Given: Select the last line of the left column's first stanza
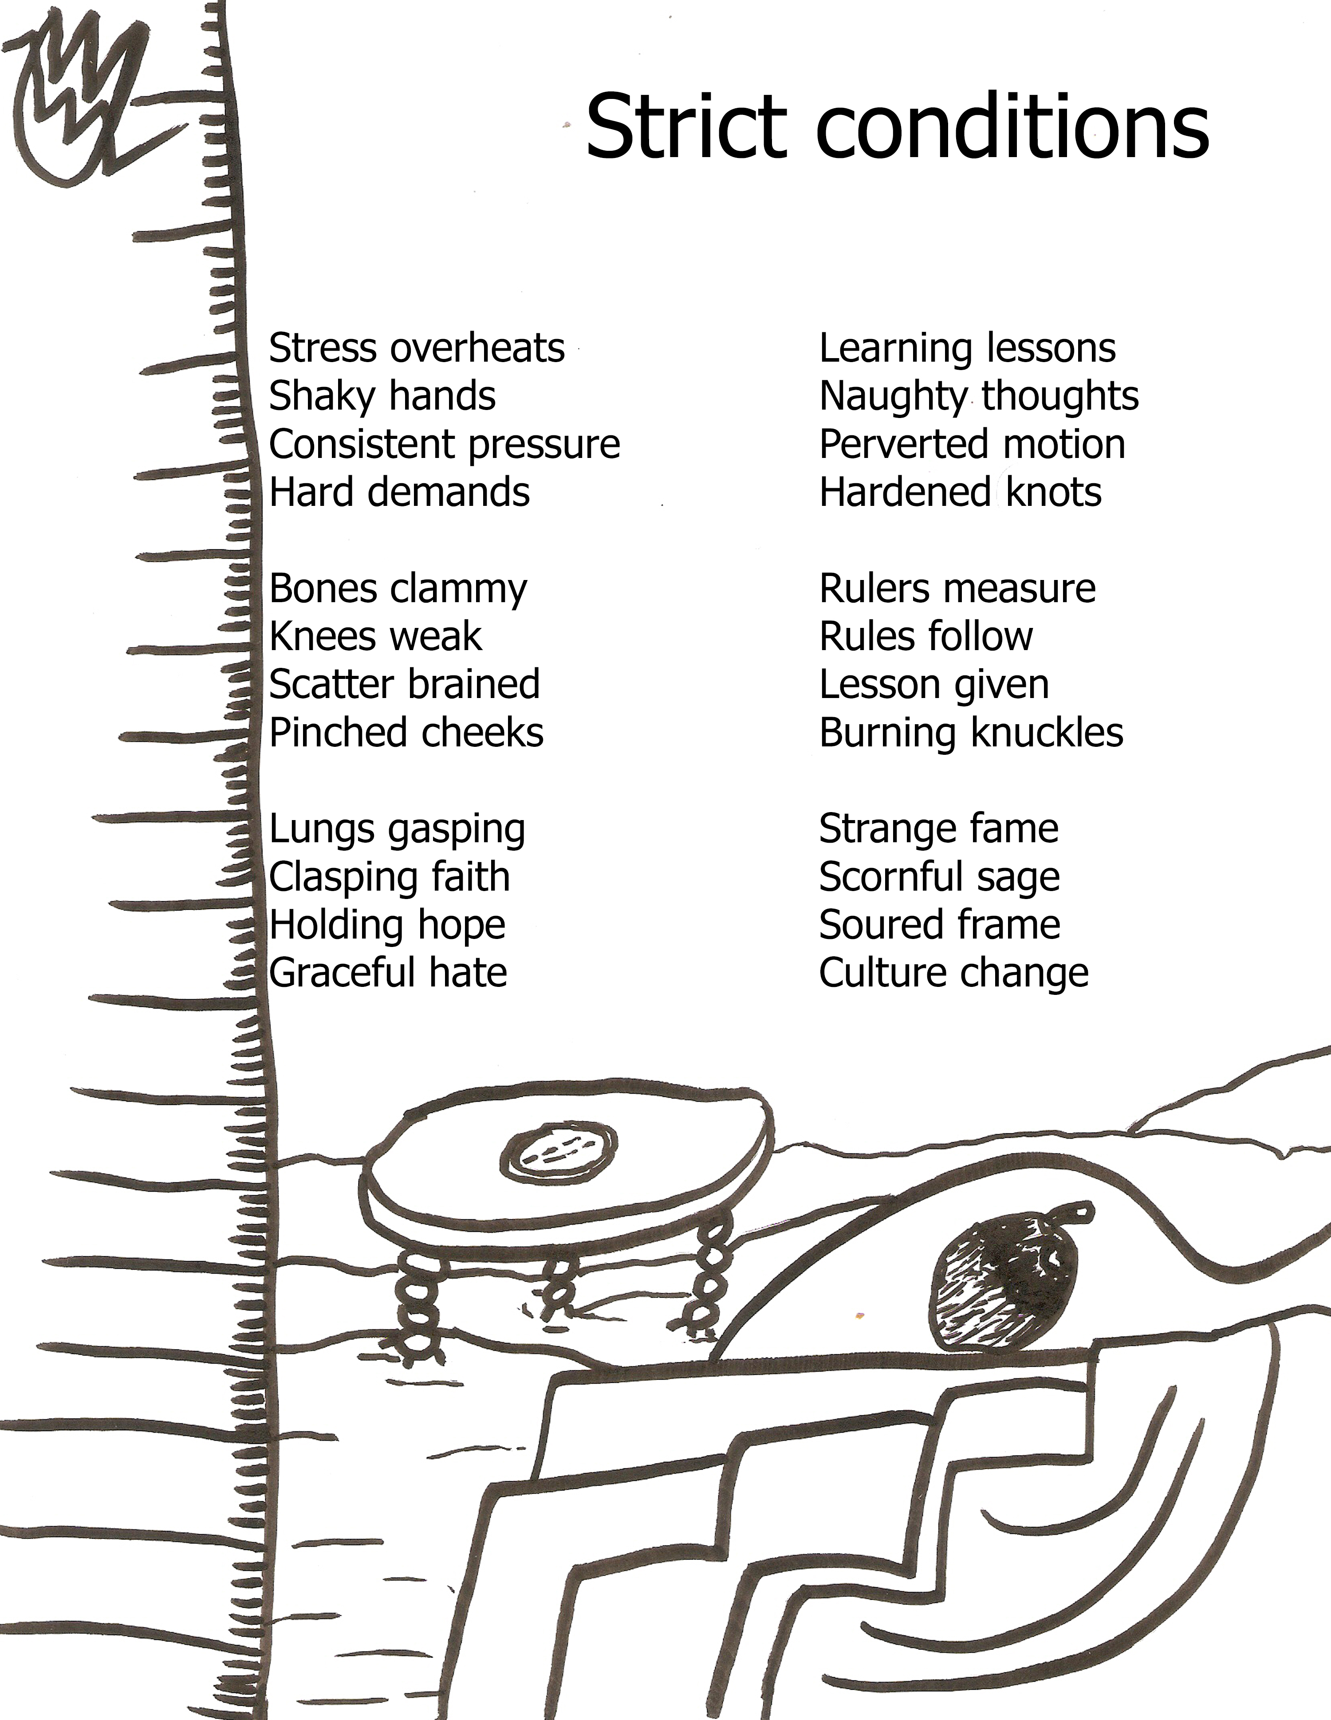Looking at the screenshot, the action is [x=399, y=492].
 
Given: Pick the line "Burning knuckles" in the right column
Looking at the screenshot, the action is [x=971, y=732].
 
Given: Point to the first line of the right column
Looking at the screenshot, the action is [x=967, y=348].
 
